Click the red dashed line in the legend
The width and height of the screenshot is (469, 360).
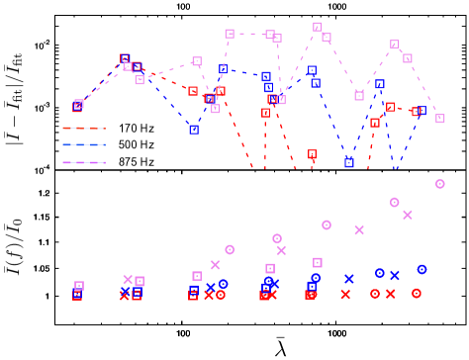click(x=84, y=128)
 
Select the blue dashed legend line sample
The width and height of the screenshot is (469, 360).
click(x=84, y=144)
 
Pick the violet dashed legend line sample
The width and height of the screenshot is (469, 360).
click(x=84, y=162)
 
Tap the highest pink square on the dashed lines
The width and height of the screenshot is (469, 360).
click(x=318, y=27)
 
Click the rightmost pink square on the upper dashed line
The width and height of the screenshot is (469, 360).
click(x=440, y=119)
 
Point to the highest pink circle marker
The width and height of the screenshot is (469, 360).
click(x=440, y=184)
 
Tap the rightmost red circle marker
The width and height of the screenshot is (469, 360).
click(x=417, y=293)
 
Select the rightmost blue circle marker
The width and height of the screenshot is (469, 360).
click(x=422, y=269)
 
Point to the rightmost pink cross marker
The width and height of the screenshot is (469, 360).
click(x=408, y=215)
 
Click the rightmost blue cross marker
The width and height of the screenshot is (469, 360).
click(x=395, y=275)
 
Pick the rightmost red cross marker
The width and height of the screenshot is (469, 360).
click(x=391, y=294)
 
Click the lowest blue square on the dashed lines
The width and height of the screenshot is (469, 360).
click(x=349, y=162)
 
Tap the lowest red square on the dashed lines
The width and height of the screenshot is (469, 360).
click(x=313, y=154)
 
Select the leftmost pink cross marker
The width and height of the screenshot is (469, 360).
click(x=128, y=279)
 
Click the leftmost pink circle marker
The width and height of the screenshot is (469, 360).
click(x=230, y=249)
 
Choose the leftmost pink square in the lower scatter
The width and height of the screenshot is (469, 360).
click(x=79, y=286)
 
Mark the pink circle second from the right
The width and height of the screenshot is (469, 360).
click(x=395, y=202)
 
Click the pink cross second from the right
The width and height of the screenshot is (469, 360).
click(x=359, y=229)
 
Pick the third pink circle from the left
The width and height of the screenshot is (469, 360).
click(x=327, y=225)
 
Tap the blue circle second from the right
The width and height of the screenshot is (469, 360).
click(x=380, y=273)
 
